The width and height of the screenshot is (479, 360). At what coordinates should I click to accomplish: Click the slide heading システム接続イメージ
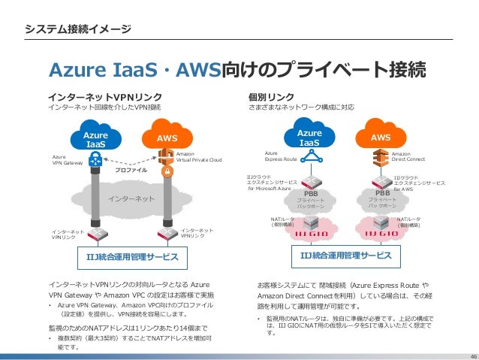(78, 29)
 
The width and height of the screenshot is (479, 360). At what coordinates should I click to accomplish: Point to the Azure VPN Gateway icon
(95, 160)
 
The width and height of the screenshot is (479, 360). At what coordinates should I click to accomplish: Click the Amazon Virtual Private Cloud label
(199, 156)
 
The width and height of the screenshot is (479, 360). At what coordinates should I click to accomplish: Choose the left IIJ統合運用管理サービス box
(131, 258)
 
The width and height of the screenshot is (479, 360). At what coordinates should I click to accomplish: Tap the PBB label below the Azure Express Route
(309, 193)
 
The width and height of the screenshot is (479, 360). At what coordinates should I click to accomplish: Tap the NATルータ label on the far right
(409, 221)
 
